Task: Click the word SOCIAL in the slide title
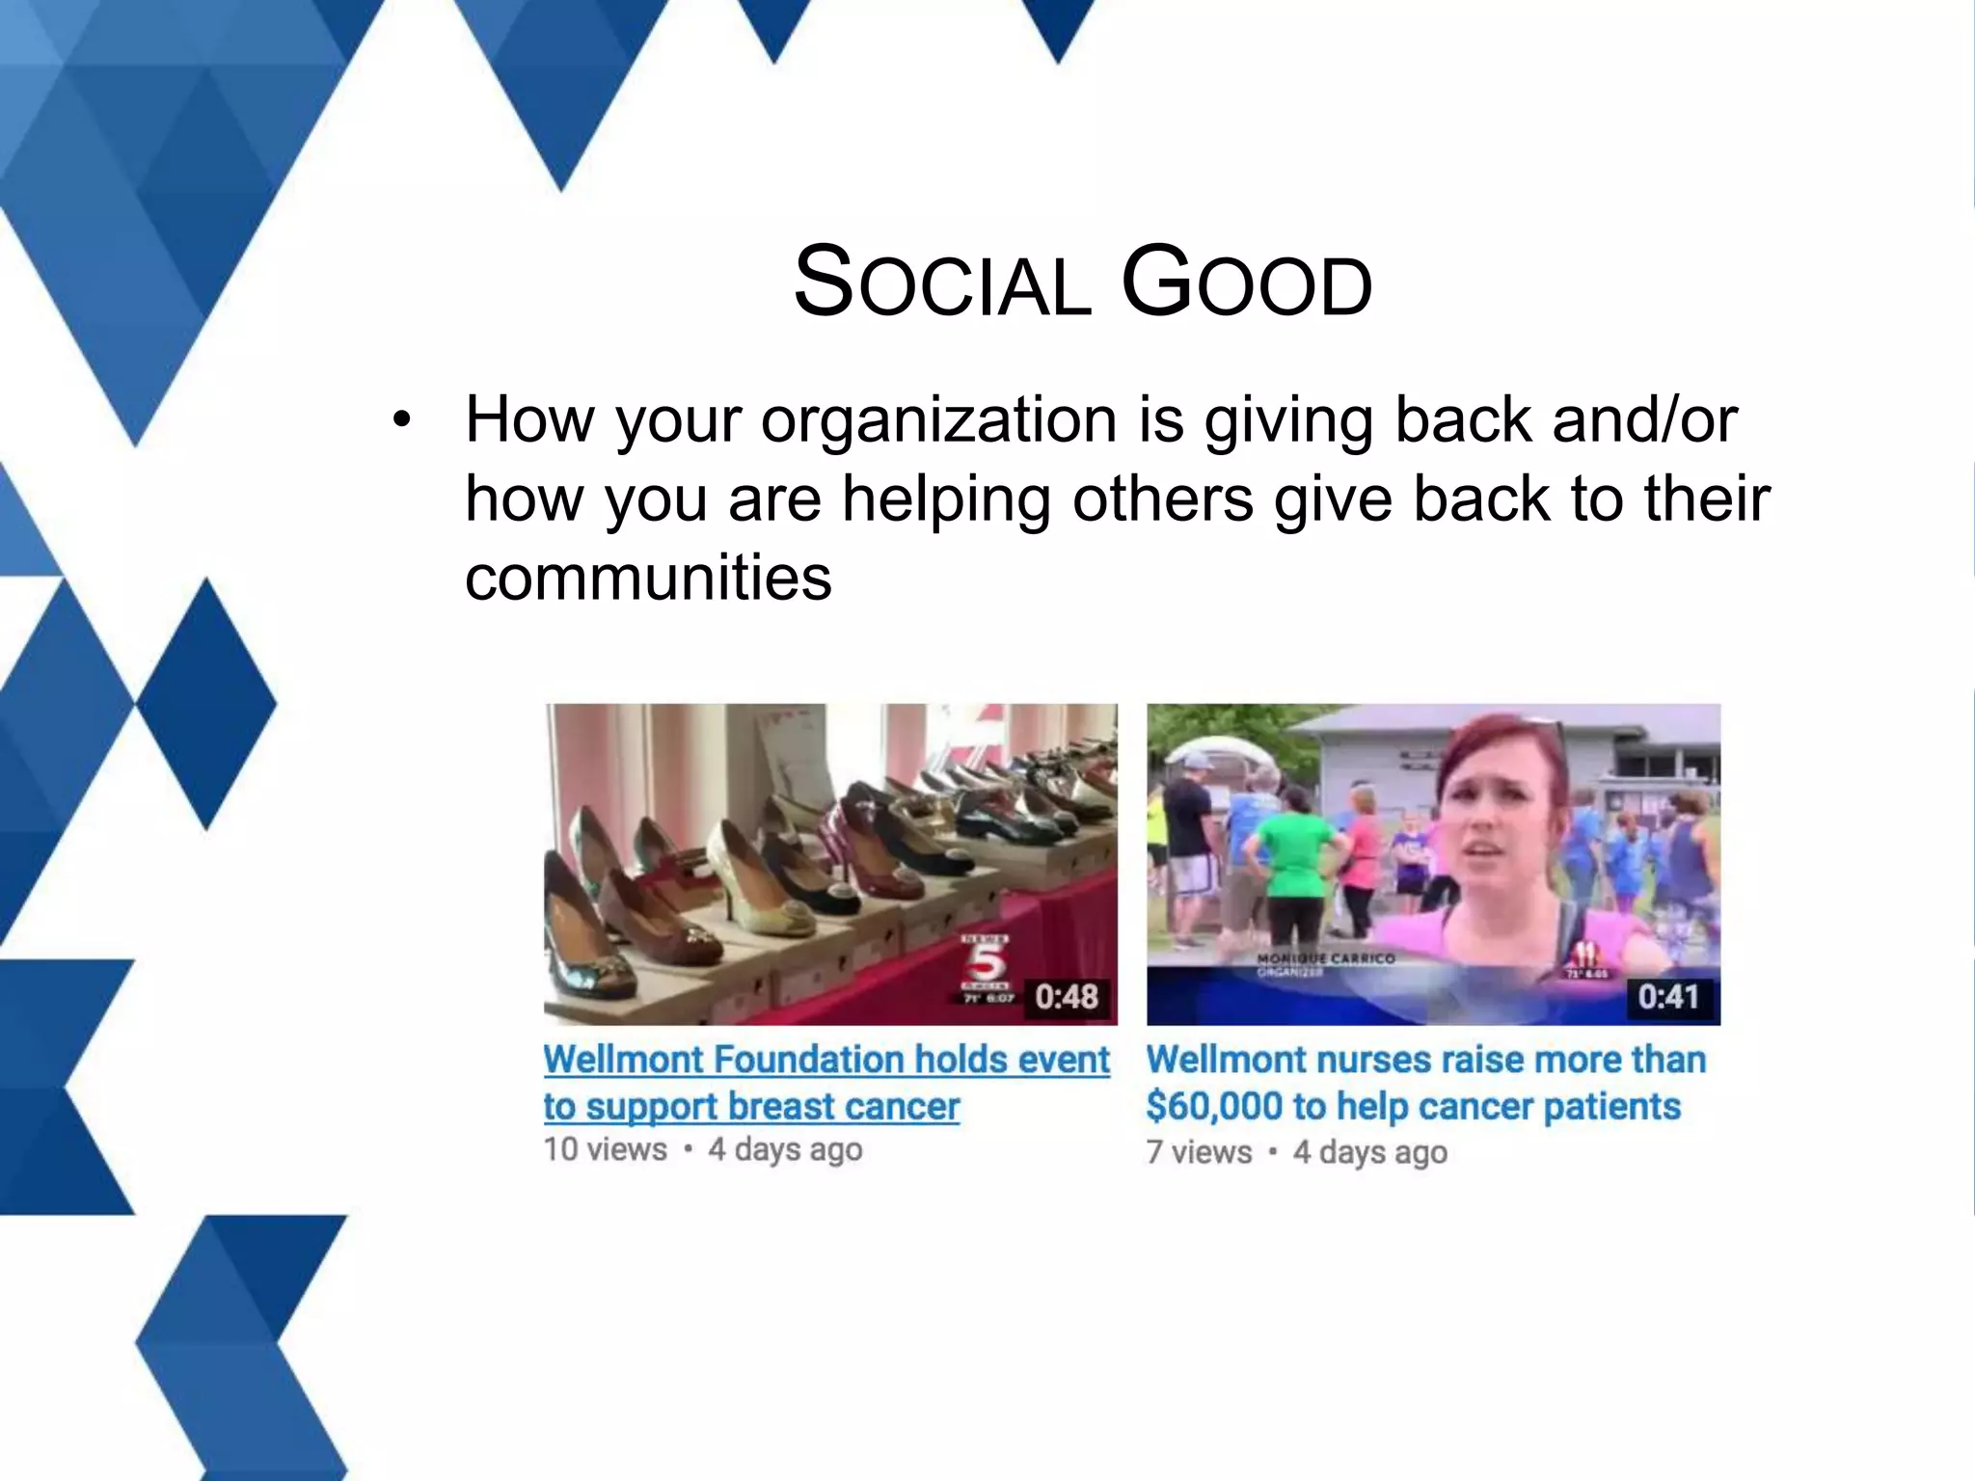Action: click(x=941, y=283)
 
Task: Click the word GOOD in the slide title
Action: click(x=1246, y=283)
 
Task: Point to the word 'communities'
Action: click(x=648, y=578)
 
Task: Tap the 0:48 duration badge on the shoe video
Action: click(x=1066, y=996)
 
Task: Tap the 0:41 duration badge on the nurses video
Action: click(x=1668, y=996)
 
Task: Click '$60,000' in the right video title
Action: click(x=1213, y=1107)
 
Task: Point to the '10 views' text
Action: click(x=605, y=1149)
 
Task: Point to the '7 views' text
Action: click(x=1199, y=1152)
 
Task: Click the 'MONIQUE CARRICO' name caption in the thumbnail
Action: click(x=1325, y=958)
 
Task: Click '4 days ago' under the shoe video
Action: click(x=785, y=1149)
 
